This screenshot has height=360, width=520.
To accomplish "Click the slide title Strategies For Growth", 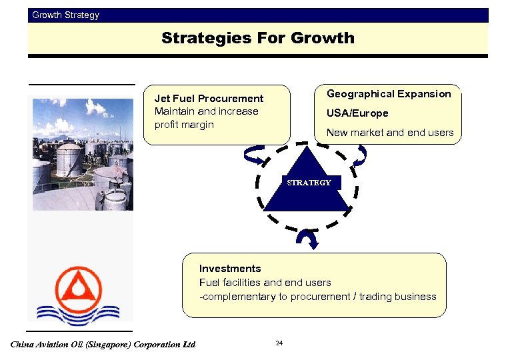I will click(257, 39).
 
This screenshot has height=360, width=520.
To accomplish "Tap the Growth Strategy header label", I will click(65, 15).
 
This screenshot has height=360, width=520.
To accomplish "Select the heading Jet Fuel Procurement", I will click(209, 99).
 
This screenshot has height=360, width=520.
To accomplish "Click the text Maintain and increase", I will click(206, 111).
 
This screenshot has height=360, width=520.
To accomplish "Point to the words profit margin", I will click(184, 125).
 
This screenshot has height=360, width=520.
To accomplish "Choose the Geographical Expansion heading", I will click(389, 94).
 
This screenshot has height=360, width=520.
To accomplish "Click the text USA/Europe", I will click(357, 113).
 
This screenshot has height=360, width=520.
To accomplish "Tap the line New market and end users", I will click(389, 133).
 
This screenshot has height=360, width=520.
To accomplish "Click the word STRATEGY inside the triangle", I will click(308, 183).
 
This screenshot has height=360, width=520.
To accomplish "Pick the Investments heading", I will click(230, 269).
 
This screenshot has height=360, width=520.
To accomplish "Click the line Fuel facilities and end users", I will click(265, 283).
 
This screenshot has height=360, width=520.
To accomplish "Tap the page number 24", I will click(279, 343).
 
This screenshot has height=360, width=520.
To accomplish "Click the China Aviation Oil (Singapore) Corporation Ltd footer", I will click(103, 345).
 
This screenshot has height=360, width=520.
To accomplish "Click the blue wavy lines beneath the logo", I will click(79, 314).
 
